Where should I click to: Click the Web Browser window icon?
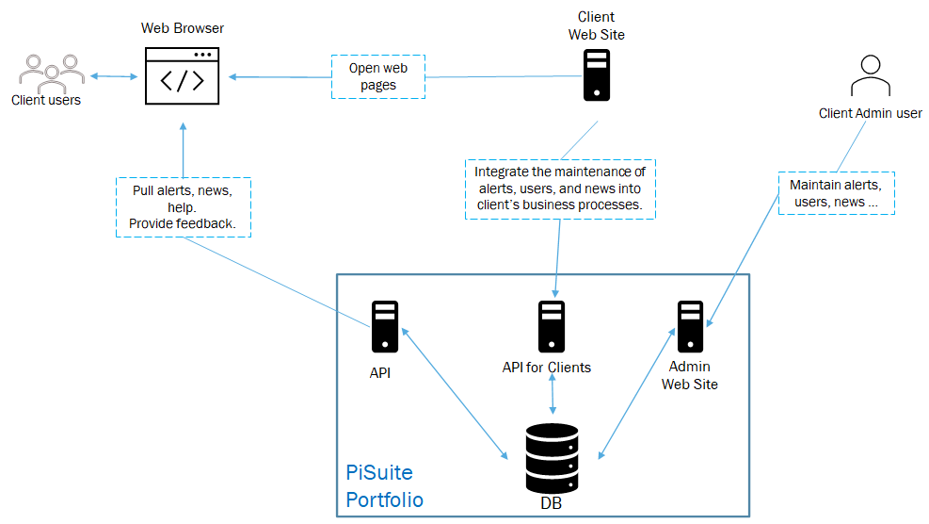pyautogui.click(x=183, y=75)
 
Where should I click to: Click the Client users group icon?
pyautogui.click(x=47, y=73)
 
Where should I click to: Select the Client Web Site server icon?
pyautogui.click(x=595, y=75)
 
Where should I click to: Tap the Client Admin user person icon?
pyautogui.click(x=870, y=76)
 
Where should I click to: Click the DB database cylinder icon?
pyautogui.click(x=553, y=458)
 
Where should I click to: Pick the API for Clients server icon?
pyautogui.click(x=552, y=326)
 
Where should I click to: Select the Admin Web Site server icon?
pyautogui.click(x=690, y=326)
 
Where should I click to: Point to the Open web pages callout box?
pyautogui.click(x=378, y=76)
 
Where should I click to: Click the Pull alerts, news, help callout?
pyautogui.click(x=184, y=207)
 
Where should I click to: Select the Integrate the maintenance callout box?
pyautogui.click(x=559, y=188)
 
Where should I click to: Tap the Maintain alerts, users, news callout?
pyautogui.click(x=836, y=193)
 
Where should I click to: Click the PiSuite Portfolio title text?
pyautogui.click(x=384, y=485)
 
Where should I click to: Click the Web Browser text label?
pyautogui.click(x=183, y=28)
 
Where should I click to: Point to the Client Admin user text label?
pyautogui.click(x=870, y=114)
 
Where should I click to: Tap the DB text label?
pyautogui.click(x=551, y=504)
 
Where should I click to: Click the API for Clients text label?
pyautogui.click(x=547, y=367)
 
